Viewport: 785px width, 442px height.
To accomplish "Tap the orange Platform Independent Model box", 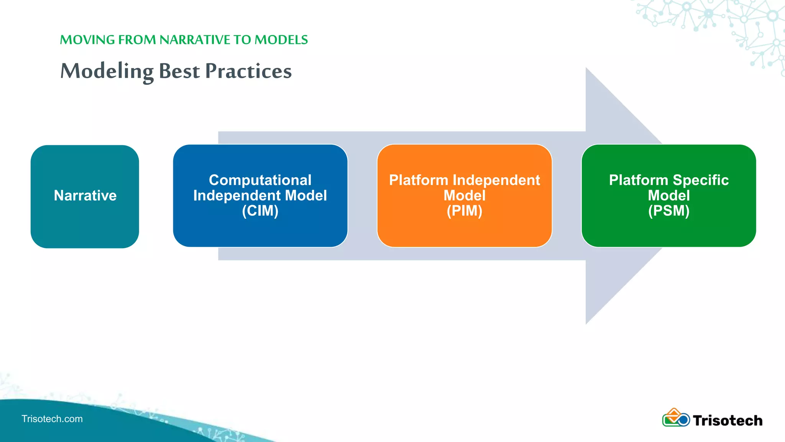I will (464, 230).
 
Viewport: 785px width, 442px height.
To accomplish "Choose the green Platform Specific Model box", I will (668, 230).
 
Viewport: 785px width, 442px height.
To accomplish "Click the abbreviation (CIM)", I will (260, 211).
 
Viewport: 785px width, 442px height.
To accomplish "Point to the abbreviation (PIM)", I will (464, 211).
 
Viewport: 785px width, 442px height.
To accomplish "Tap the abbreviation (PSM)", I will (668, 211).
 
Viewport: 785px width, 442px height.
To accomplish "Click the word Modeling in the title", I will (107, 71).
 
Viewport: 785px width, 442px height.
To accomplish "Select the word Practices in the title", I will (248, 71).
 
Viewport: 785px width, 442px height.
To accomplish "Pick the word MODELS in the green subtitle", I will (281, 40).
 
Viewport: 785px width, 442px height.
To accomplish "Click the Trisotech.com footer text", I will (52, 419).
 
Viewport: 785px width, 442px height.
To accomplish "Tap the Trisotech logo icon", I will (675, 418).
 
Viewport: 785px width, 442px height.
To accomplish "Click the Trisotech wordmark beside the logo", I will (727, 421).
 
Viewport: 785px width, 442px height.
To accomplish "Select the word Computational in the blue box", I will (260, 180).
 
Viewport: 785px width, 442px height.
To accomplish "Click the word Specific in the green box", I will (700, 180).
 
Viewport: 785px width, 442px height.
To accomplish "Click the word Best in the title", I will (179, 71).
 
